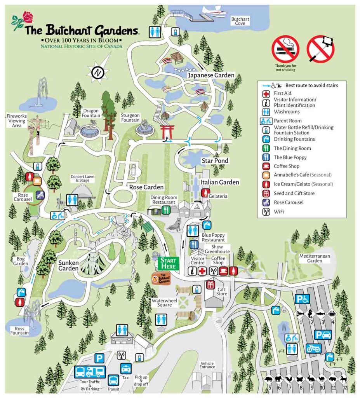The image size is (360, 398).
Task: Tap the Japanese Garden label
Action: (x=211, y=75)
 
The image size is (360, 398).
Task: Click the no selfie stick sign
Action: (x=320, y=49)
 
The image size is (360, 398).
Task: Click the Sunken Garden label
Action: (x=69, y=265)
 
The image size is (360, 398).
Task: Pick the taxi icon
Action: (x=125, y=368)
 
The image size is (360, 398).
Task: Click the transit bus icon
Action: (x=113, y=380)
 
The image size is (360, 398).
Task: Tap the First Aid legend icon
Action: (x=266, y=94)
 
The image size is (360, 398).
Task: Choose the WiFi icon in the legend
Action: (x=266, y=212)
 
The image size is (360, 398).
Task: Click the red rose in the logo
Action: (x=28, y=17)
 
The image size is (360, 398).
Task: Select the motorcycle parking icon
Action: (x=313, y=348)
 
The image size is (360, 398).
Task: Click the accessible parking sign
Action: (x=301, y=298)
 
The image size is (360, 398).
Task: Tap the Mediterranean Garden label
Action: (x=311, y=258)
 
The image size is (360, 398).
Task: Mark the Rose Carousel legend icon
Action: (x=266, y=202)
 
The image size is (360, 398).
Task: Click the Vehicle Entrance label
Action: (x=207, y=365)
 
